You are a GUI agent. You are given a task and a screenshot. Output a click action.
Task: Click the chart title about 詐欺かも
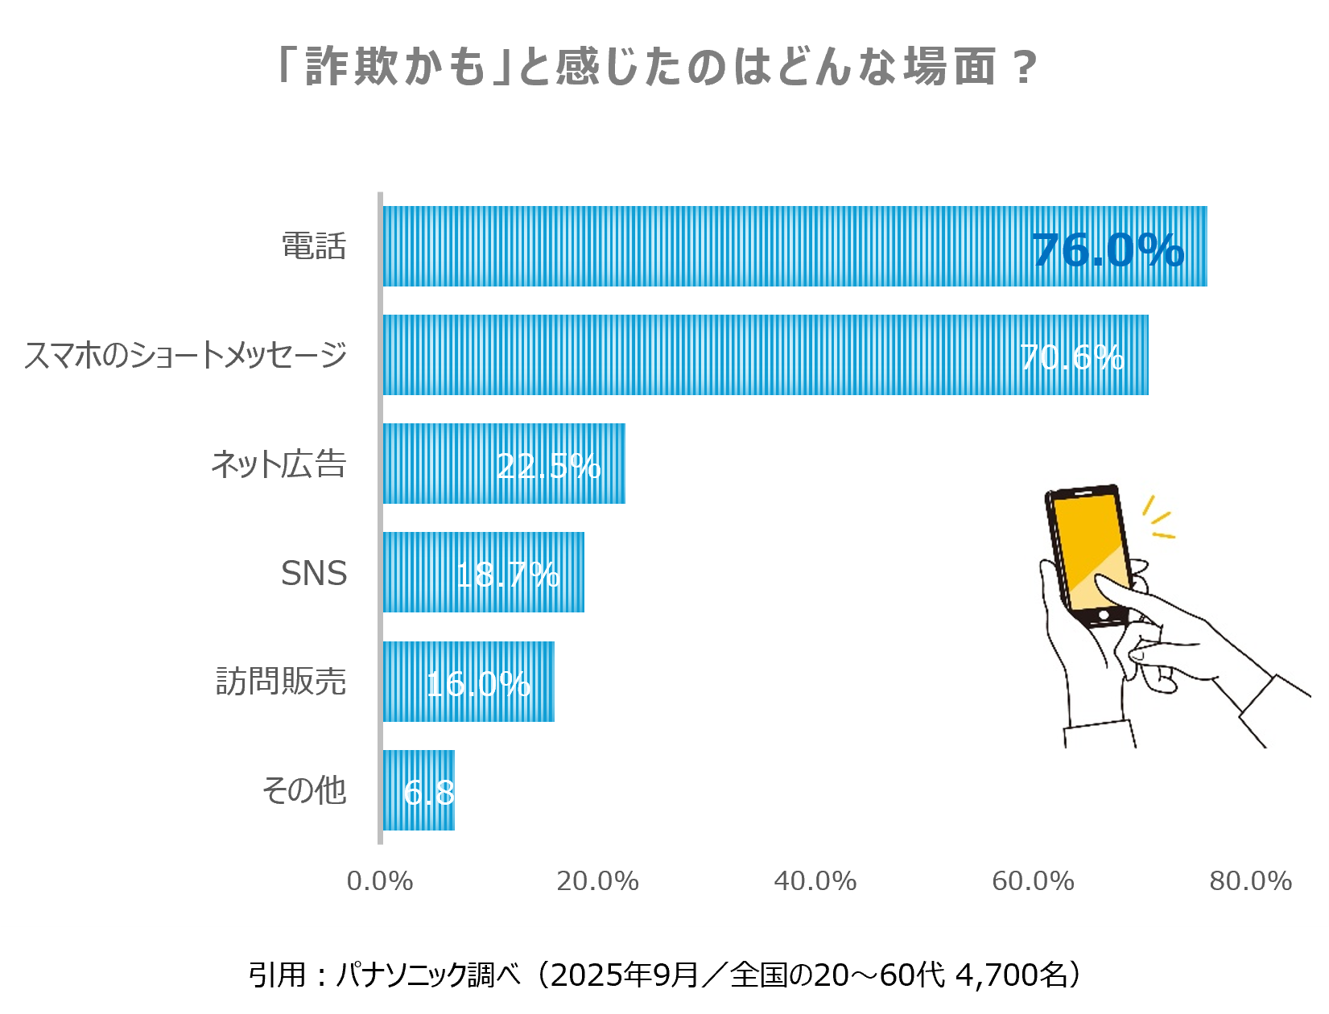[x=656, y=67]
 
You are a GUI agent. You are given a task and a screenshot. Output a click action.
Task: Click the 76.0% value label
[x=1108, y=250]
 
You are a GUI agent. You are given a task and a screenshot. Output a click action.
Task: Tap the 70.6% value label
[x=1071, y=357]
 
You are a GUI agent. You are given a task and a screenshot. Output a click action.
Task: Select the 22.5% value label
[x=549, y=467]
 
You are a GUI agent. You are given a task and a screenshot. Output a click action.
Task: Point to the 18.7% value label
[x=508, y=575]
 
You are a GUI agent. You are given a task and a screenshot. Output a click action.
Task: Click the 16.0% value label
[x=478, y=684]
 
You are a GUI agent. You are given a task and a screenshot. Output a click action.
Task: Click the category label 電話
[x=314, y=246]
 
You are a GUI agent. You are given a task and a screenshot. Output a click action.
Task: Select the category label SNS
[x=314, y=573]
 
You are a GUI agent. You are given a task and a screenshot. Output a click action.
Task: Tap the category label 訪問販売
[x=281, y=682]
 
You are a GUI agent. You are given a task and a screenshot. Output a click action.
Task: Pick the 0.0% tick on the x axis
[x=380, y=881]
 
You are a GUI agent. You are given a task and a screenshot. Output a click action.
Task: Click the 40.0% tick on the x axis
[x=815, y=881]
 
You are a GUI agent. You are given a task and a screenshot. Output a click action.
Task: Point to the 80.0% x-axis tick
[x=1251, y=881]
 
